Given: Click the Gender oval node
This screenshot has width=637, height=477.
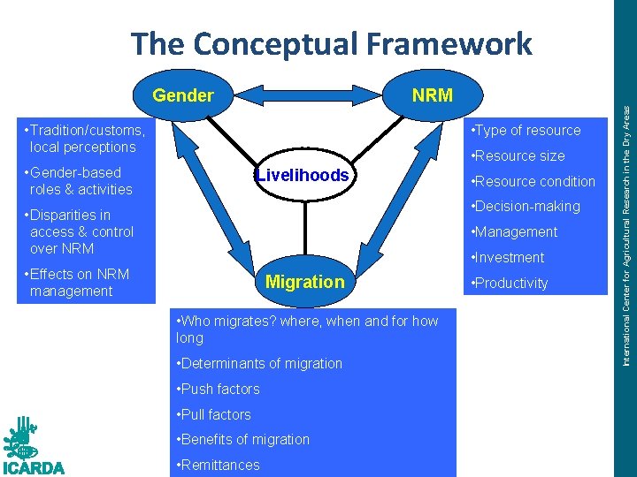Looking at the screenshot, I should (x=183, y=95).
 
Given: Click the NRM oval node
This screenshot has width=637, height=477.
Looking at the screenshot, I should (x=432, y=95).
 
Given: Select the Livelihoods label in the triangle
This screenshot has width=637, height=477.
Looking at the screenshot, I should (x=303, y=175).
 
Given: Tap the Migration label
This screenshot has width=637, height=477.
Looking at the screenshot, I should (x=304, y=282).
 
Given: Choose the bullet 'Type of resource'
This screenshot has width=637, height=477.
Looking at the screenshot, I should (x=527, y=131).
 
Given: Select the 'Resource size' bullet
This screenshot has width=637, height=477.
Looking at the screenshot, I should (x=520, y=156).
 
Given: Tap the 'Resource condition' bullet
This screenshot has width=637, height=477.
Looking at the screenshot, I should (x=534, y=182).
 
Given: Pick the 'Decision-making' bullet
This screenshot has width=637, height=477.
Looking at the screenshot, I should (x=527, y=207).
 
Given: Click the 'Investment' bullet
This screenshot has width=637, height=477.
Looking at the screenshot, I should (x=510, y=258).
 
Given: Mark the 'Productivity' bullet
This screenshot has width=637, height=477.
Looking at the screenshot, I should (x=511, y=284).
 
